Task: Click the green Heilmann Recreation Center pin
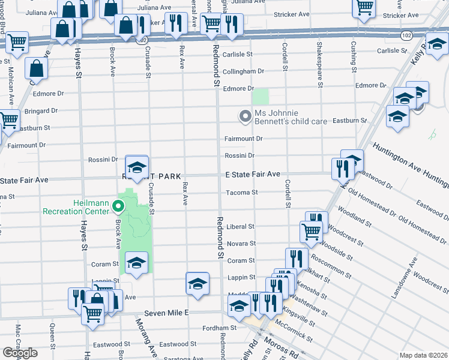[x=118, y=208]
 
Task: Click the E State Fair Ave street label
[x=253, y=174]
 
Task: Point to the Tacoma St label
[x=242, y=193]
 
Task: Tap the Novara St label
[x=241, y=244]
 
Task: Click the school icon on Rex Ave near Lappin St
[x=197, y=283]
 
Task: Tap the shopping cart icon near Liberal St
[x=311, y=230]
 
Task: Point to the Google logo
[x=20, y=353]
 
